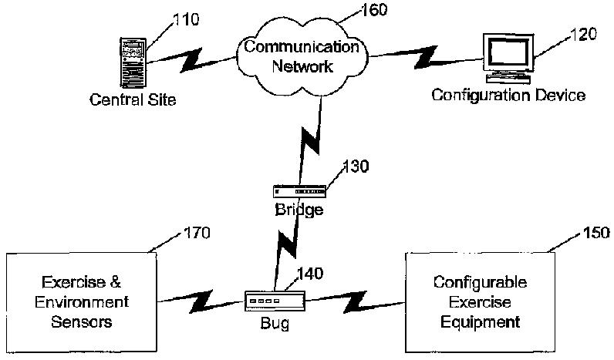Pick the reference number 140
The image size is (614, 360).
(309, 272)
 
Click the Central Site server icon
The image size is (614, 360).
(133, 62)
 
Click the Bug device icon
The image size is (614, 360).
(267, 299)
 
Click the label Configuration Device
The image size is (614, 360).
(508, 96)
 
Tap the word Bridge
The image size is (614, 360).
(299, 209)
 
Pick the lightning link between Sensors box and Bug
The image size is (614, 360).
(201, 298)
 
